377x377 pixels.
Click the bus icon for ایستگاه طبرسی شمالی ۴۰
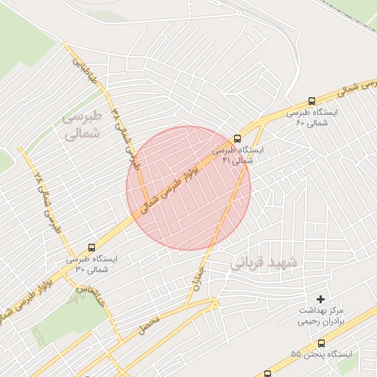311,102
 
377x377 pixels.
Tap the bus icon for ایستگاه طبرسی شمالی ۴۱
237,138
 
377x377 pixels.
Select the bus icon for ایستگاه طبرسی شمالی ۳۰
91,247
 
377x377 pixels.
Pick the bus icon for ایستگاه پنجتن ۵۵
321,343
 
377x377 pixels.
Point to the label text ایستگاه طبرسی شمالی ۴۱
239,154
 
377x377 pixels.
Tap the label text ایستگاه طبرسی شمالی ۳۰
91,264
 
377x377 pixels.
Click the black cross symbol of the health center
320,299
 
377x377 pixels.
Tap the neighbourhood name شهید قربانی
264,263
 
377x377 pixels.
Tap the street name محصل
148,322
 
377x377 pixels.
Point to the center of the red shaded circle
188,188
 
